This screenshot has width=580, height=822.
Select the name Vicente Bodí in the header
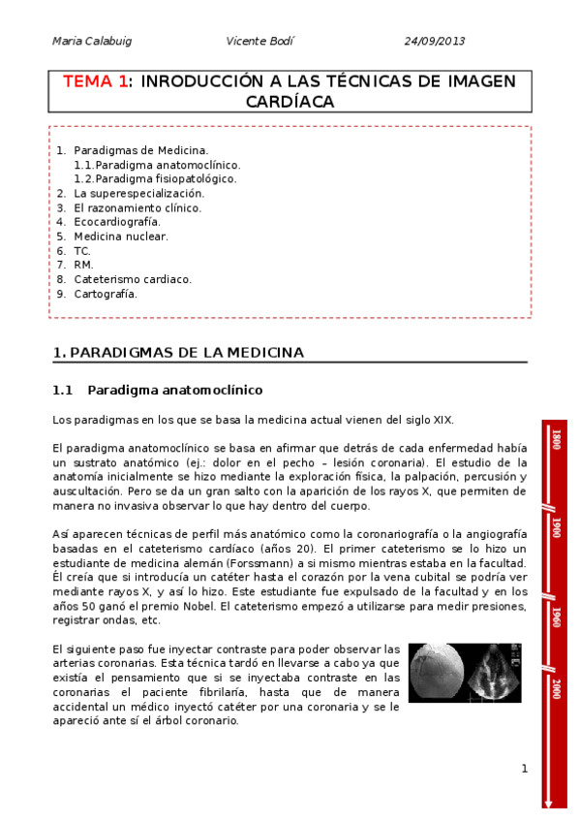pyautogui.click(x=259, y=41)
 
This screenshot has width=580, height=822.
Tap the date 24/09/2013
pyautogui.click(x=434, y=41)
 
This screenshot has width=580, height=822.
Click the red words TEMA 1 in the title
pyautogui.click(x=95, y=81)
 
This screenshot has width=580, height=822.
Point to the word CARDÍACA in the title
pyautogui.click(x=290, y=102)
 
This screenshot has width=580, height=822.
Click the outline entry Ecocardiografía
pyautogui.click(x=117, y=222)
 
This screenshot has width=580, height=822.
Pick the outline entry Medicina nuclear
pyautogui.click(x=120, y=236)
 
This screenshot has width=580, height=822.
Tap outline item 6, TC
pyautogui.click(x=82, y=250)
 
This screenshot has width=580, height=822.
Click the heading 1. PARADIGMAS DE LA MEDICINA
pyautogui.click(x=178, y=353)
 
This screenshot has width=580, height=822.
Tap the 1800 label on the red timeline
pyautogui.click(x=556, y=439)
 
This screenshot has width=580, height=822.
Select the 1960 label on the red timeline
pyautogui.click(x=556, y=617)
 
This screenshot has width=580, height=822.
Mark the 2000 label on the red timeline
pyautogui.click(x=556, y=689)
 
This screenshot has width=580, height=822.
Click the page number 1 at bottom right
pyautogui.click(x=524, y=769)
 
